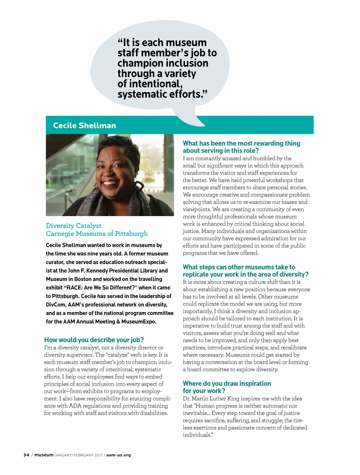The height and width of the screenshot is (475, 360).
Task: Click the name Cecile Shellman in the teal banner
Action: click(x=84, y=126)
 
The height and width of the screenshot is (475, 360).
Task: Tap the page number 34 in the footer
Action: click(x=26, y=455)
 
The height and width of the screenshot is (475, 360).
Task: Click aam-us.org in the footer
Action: click(x=118, y=455)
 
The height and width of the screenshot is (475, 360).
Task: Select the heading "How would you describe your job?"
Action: click(x=94, y=340)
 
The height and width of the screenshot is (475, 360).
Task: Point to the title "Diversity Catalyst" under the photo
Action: click(x=73, y=226)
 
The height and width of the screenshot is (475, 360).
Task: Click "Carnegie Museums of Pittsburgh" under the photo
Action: click(x=97, y=234)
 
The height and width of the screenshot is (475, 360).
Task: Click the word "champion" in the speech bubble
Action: click(x=138, y=63)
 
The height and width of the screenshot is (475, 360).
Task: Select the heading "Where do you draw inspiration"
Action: click(x=227, y=384)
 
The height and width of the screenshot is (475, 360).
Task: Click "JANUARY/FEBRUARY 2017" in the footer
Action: click(x=78, y=455)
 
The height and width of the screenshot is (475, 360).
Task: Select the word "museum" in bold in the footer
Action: click(x=44, y=455)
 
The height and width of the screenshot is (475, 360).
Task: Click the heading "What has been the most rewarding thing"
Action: click(x=242, y=143)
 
